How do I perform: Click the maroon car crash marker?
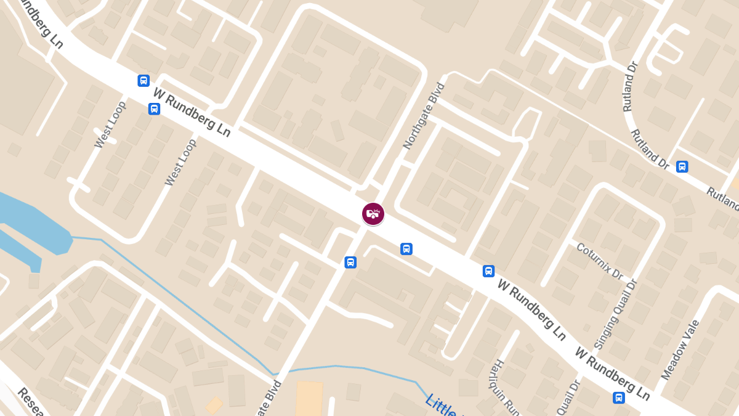[x=373, y=214]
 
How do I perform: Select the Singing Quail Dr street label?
[x=615, y=314]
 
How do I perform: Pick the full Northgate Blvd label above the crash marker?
[x=424, y=116]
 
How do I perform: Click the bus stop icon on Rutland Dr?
[x=682, y=166]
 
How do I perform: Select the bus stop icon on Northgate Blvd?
[x=350, y=262]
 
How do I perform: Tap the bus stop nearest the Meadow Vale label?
[x=619, y=398]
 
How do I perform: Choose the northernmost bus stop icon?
[x=143, y=80]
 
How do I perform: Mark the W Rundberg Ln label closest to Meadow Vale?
[x=613, y=372]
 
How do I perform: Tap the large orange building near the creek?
[x=309, y=398]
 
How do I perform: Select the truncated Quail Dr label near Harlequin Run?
[x=568, y=397]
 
